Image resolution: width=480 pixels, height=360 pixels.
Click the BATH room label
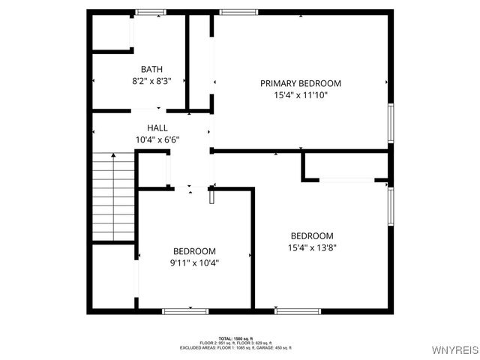pos(151,69)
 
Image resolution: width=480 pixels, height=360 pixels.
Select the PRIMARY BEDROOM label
pos(301,83)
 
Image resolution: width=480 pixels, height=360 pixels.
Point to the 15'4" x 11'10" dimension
pos(301,95)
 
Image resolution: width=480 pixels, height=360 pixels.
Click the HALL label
pos(157,128)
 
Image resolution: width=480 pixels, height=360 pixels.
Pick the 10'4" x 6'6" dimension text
pos(157,139)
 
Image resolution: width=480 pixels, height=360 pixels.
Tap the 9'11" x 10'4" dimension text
pos(195,262)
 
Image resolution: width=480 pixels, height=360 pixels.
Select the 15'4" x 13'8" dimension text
pos(312,247)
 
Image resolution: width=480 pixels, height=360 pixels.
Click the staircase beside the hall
pos(113,196)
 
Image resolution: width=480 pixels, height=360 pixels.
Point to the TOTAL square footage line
pos(235,338)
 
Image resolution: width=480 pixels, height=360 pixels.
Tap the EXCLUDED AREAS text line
pos(235,348)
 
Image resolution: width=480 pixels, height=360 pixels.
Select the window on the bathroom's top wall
pos(151,11)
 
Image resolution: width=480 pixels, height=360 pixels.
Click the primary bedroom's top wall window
pos(239,11)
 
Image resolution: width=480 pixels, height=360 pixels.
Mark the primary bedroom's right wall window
pos(391,122)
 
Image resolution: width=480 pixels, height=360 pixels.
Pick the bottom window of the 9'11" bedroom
pos(186,310)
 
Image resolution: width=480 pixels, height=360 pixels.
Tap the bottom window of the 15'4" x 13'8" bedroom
pos(298,310)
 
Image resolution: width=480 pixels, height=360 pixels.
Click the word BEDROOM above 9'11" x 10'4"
pos(195,251)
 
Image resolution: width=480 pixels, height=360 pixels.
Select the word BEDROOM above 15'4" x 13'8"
pos(312,235)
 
